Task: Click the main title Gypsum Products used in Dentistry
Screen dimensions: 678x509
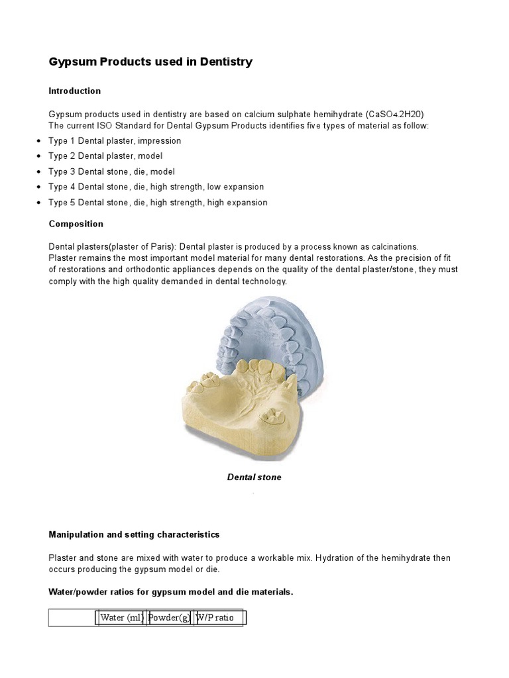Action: coord(150,62)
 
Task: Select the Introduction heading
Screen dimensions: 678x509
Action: coord(75,91)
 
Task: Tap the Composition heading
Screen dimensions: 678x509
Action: coord(76,224)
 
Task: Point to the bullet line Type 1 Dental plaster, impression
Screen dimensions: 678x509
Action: coord(115,141)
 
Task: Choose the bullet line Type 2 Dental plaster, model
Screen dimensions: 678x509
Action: coord(105,156)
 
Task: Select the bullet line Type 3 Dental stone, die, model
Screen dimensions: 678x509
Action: coord(111,171)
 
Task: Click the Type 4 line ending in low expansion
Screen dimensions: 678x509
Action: coord(156,187)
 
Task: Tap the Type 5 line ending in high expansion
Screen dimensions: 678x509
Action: coord(158,203)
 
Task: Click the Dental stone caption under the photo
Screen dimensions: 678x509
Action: coord(254,477)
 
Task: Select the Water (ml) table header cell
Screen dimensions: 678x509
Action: coord(122,618)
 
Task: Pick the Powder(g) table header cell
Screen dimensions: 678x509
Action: coord(170,618)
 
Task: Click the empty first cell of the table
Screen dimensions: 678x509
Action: coord(73,618)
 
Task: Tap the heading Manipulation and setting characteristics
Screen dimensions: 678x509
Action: coord(134,534)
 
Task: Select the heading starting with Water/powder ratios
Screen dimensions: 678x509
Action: coord(170,592)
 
